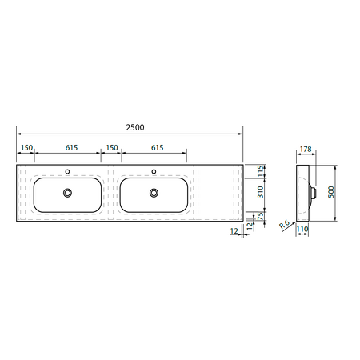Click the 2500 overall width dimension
(x=135, y=127)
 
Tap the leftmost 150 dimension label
(x=26, y=147)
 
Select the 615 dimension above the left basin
(x=71, y=147)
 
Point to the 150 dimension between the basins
(x=112, y=147)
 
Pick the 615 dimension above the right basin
(x=158, y=147)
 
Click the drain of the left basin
(x=67, y=193)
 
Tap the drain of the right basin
(x=154, y=193)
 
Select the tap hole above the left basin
(x=67, y=172)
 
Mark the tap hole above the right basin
(x=154, y=172)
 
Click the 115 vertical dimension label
(x=261, y=171)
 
